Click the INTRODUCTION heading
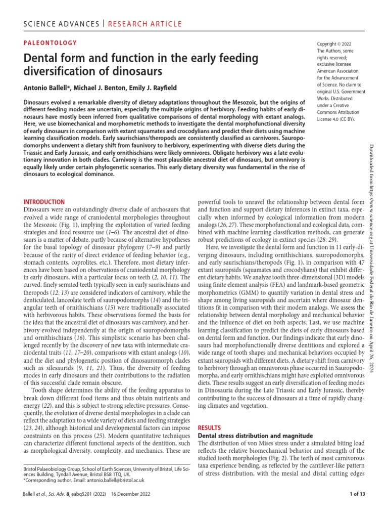point(44,201)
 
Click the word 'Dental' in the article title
point(43,58)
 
